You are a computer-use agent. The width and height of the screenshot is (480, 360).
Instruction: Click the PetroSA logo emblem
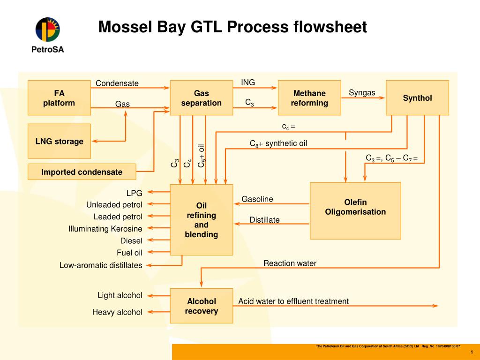(x=47, y=29)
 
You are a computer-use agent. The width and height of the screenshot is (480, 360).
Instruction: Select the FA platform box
(x=59, y=97)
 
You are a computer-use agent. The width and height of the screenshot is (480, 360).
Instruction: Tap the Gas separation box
(x=201, y=97)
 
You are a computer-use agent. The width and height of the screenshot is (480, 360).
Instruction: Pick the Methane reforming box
(x=309, y=97)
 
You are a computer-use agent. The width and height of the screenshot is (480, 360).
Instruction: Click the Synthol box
(x=417, y=97)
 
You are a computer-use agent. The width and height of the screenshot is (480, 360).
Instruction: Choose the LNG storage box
(x=59, y=141)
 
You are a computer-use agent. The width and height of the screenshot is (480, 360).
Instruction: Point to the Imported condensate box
(x=82, y=172)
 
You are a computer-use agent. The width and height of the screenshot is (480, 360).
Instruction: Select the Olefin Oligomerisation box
(x=355, y=210)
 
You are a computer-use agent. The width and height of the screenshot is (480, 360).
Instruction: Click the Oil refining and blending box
(x=201, y=220)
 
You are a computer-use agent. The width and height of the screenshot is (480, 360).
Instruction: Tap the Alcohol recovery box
(x=201, y=306)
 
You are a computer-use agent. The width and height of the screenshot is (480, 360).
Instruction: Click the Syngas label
(x=362, y=92)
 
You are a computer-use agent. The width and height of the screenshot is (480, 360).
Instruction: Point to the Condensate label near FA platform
(x=117, y=83)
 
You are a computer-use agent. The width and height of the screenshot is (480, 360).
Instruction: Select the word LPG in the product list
(x=134, y=192)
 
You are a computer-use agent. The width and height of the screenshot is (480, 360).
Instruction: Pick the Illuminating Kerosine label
(x=105, y=229)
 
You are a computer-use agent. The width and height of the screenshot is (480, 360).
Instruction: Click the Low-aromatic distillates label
(x=101, y=265)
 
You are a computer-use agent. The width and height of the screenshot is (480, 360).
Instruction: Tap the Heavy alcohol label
(x=117, y=312)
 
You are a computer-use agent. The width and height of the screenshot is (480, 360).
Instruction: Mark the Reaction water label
(x=290, y=263)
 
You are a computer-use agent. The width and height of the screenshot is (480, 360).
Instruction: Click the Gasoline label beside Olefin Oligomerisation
(x=257, y=199)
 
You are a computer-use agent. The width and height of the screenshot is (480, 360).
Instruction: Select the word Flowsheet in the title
(x=330, y=27)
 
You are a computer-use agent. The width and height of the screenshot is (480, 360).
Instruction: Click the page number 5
(x=472, y=352)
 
